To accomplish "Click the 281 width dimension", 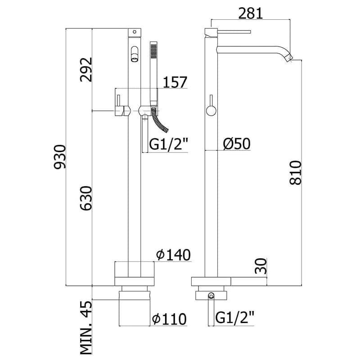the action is pos(251,13).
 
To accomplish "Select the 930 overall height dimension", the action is pos(60,157).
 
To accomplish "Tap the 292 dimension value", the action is pos(86,70).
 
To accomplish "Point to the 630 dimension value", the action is pos(86,198).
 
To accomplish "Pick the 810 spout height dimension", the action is pos(296,173).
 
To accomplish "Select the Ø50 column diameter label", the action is pos(237,144).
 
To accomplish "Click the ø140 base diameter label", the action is pos(174,255).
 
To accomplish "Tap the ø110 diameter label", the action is pos(170,319).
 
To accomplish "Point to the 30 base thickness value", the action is pos(261,266).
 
